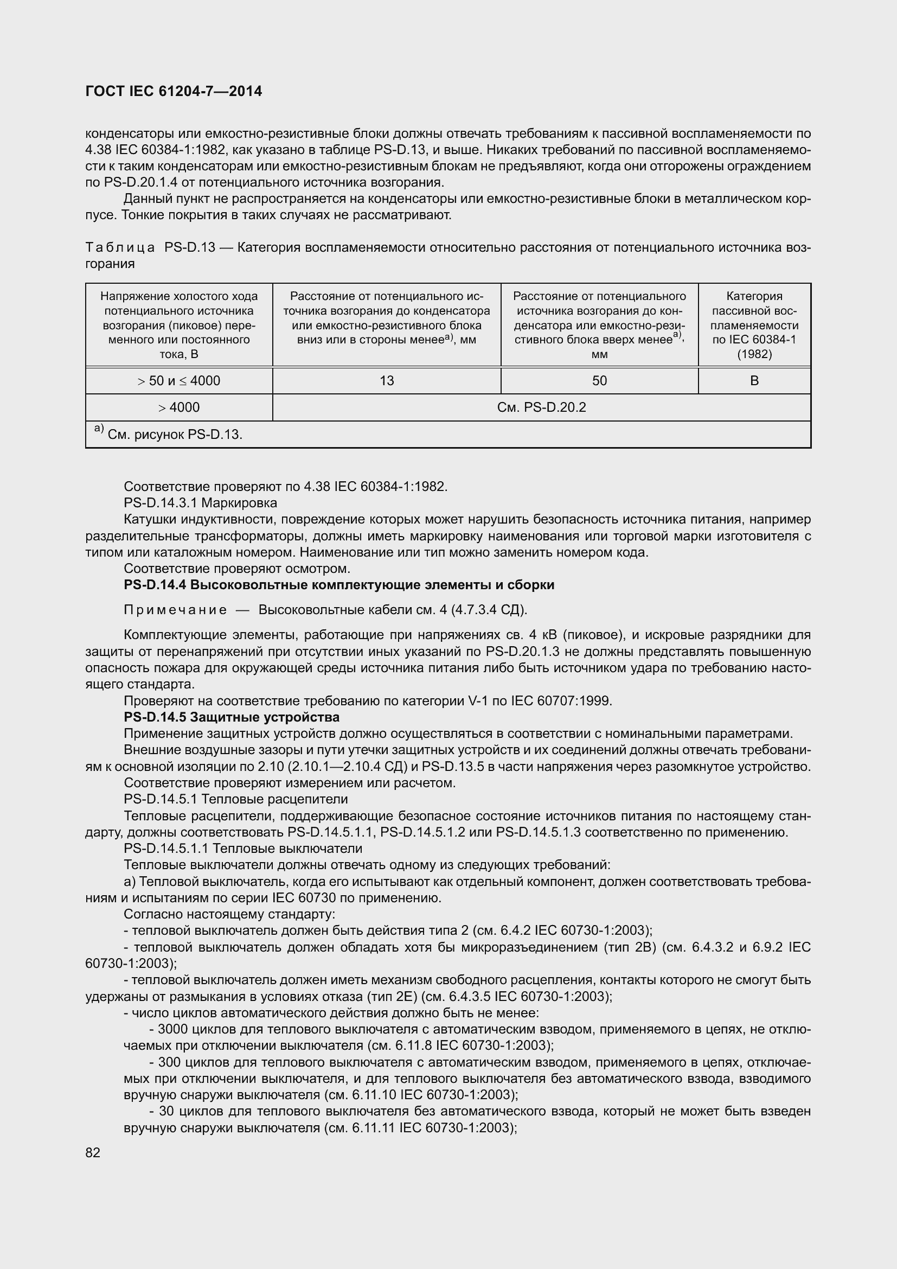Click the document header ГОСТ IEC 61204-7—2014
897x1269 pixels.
click(x=174, y=91)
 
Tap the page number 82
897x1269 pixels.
click(x=93, y=1152)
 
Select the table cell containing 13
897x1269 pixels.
click(x=387, y=380)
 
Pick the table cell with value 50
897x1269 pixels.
click(x=599, y=380)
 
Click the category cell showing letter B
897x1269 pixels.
click(x=754, y=380)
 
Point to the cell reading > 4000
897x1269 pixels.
click(x=179, y=407)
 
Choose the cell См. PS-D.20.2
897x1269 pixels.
click(x=541, y=407)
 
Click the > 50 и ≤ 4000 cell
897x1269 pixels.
click(x=179, y=380)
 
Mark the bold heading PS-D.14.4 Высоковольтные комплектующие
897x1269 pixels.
click(x=339, y=585)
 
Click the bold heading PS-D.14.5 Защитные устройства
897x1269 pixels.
click(x=232, y=717)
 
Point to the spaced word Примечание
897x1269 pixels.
click(x=175, y=610)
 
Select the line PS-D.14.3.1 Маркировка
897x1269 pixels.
click(x=201, y=503)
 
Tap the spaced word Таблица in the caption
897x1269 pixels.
click(x=120, y=247)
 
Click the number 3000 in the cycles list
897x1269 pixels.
click(x=173, y=1029)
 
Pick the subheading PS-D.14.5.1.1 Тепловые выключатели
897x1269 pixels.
click(x=243, y=849)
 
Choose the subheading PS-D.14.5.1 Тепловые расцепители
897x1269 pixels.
click(x=236, y=799)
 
